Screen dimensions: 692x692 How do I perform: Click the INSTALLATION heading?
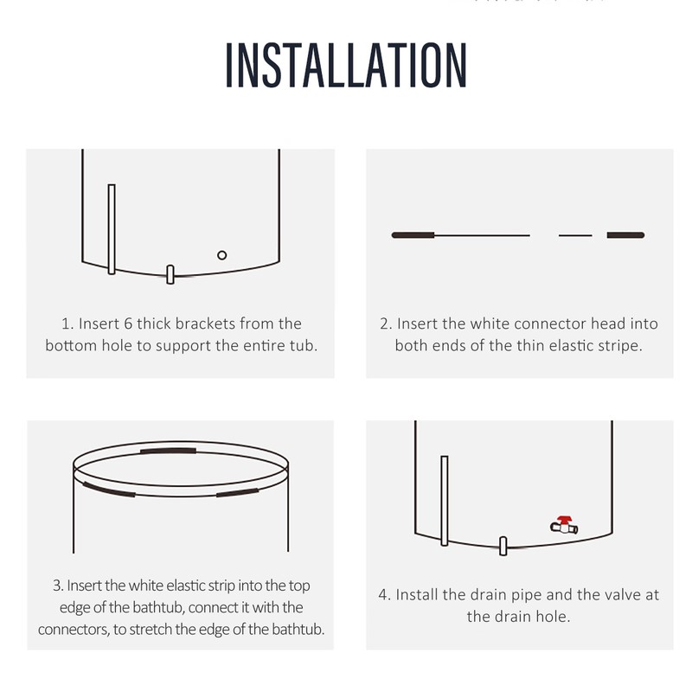[x=346, y=66]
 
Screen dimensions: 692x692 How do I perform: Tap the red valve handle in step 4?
[x=564, y=520]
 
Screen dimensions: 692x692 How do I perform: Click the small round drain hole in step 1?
[x=222, y=255]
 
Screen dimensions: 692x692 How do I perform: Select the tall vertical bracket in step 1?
[x=112, y=229]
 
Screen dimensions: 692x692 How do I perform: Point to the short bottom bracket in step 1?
[x=170, y=274]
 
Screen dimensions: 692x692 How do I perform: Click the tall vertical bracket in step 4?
[x=445, y=501]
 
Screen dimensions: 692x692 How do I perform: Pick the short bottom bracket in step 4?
[x=503, y=546]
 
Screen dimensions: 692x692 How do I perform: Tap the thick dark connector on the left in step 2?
[x=413, y=234]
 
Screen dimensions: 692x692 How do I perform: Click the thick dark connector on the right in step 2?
[x=625, y=234]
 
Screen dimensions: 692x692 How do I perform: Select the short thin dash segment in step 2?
[x=575, y=235]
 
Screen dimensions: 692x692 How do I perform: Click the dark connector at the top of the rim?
[x=168, y=451]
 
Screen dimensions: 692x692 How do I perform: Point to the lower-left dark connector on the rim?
[x=109, y=490]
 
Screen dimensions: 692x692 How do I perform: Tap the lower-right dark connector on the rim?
[x=237, y=492]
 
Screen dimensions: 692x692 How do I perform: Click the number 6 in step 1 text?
[x=128, y=324]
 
